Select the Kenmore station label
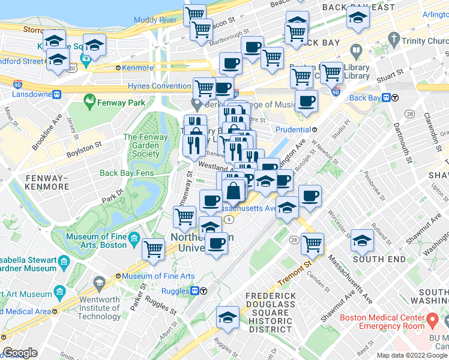point(137,68)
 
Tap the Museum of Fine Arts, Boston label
point(96,241)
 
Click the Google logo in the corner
point(20,353)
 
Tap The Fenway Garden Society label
point(142,145)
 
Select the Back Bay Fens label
point(127,173)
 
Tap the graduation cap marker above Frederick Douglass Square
point(228,317)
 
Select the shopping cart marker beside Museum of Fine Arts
point(154,247)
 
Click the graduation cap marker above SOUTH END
point(362,239)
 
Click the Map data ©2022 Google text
point(411,355)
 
